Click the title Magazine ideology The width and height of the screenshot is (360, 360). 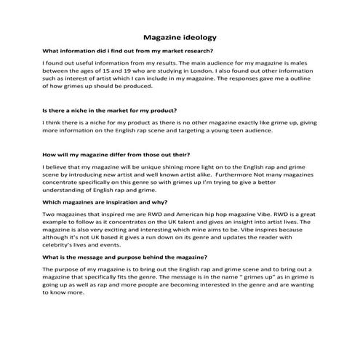point(179,36)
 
